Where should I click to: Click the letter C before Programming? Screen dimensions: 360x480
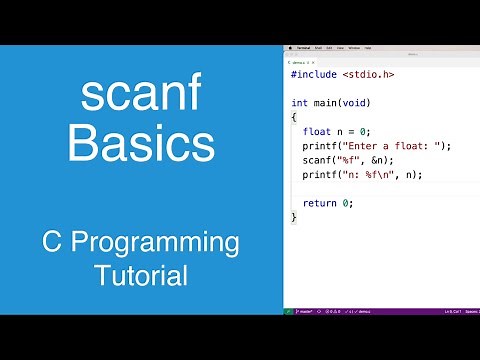tap(53, 243)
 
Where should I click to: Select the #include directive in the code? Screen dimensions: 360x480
tap(313, 74)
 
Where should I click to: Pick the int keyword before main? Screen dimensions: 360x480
tap(299, 103)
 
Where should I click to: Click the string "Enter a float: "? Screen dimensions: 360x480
tap(396, 146)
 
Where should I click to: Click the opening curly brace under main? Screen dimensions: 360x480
tap(294, 117)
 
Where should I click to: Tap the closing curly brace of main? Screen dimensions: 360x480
tap(294, 217)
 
